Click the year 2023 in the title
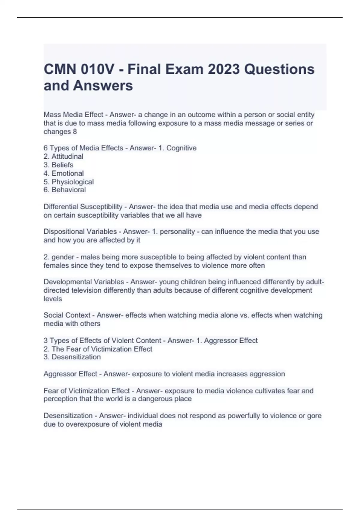click(x=223, y=70)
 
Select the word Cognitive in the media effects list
click(x=181, y=148)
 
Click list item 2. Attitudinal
click(x=63, y=156)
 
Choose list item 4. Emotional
click(x=64, y=173)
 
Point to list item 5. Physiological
click(x=68, y=182)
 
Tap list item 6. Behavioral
click(x=64, y=190)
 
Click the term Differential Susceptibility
click(x=83, y=207)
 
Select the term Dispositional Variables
click(x=80, y=232)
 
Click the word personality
click(x=177, y=232)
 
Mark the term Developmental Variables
click(x=84, y=282)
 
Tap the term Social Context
click(x=67, y=315)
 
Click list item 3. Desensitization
click(x=72, y=357)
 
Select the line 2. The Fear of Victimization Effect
click(x=98, y=349)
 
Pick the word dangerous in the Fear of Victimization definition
click(x=157, y=399)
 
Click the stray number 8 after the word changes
click(x=75, y=132)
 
